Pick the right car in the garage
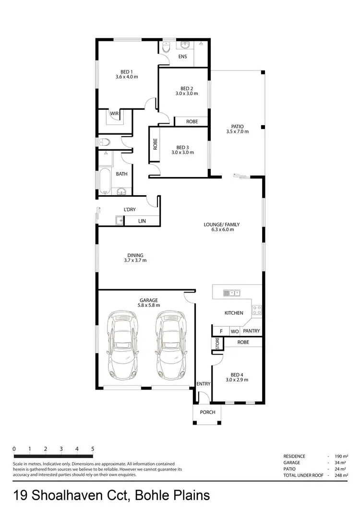click(170, 344)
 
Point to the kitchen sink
click(231, 292)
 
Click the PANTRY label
click(251, 331)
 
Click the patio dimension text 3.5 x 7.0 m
click(238, 131)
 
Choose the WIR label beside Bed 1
click(114, 114)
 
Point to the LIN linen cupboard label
click(142, 221)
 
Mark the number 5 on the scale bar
click(93, 449)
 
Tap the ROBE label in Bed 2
click(192, 122)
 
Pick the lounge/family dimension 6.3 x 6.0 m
click(222, 229)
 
